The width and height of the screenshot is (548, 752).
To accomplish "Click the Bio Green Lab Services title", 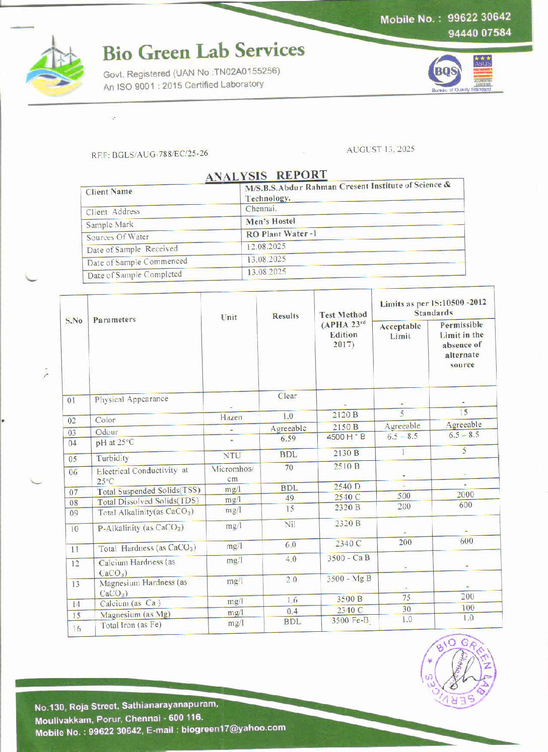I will (x=203, y=51).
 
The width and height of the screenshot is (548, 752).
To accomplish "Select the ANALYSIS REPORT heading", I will (x=266, y=176).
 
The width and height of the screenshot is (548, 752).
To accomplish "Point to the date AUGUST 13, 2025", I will (x=380, y=149).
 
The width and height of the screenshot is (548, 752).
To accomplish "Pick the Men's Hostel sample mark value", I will (x=270, y=221).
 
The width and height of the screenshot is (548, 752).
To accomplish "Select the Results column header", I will (x=286, y=316).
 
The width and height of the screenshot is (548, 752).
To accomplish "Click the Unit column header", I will (x=229, y=317).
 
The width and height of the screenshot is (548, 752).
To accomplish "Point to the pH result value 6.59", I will (x=288, y=439).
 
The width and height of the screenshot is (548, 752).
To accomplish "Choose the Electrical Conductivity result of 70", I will (x=289, y=467).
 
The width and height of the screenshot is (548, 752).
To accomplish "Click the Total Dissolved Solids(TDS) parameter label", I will (x=148, y=502).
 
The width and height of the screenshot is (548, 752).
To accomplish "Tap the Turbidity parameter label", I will (x=113, y=458).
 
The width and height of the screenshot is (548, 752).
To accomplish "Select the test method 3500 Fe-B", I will (x=350, y=620).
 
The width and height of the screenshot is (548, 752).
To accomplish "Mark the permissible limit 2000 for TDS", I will (x=465, y=495).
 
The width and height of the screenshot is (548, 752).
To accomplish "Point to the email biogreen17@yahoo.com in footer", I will (x=233, y=728).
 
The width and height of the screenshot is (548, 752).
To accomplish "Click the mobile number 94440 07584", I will (x=479, y=33).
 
